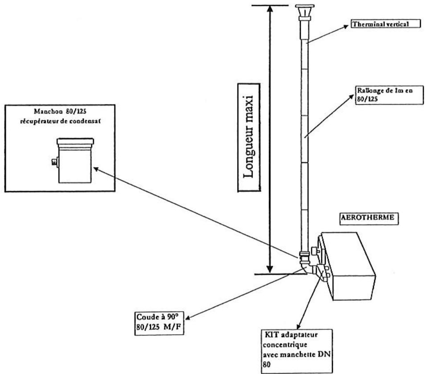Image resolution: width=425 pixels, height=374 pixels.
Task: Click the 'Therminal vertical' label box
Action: (385, 25)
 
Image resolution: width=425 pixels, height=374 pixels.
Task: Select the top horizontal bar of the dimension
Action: (269, 5)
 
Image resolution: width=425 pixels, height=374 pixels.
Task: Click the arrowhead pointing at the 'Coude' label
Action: (188, 318)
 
